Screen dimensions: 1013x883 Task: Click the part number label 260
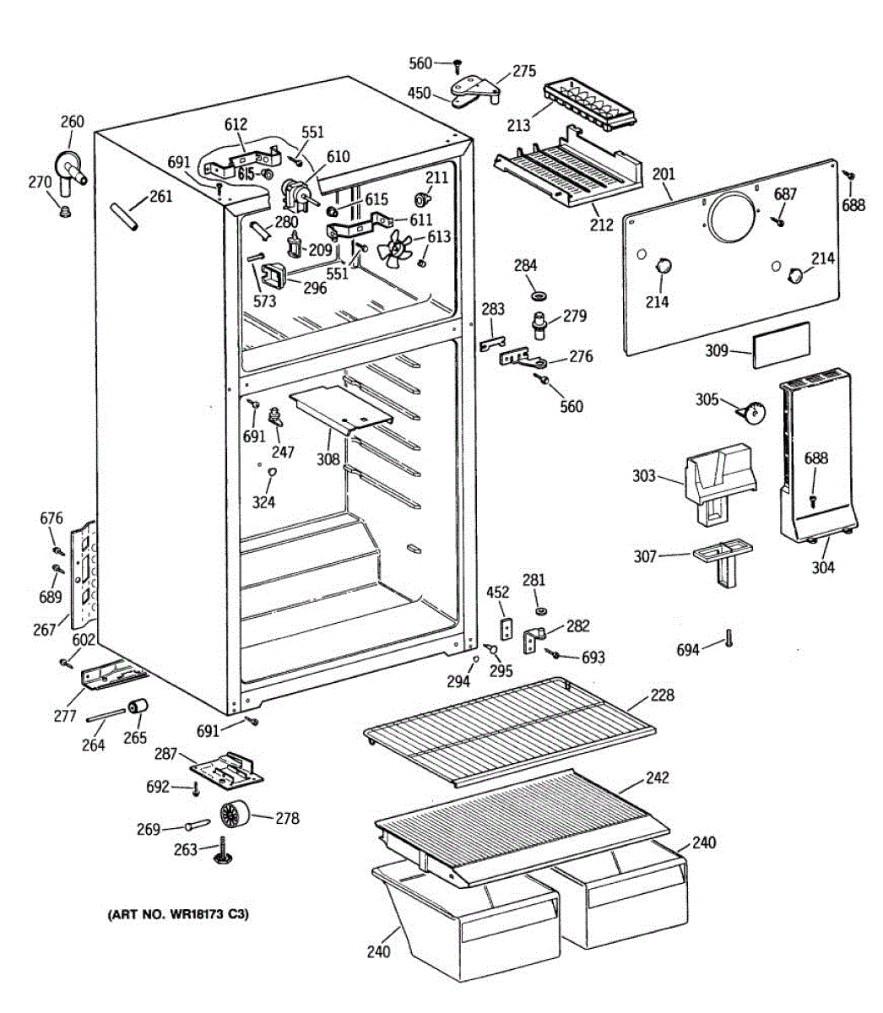(73, 122)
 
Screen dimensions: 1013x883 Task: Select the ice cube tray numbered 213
(589, 106)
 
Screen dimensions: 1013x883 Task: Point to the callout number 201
(664, 175)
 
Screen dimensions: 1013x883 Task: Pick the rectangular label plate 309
(781, 344)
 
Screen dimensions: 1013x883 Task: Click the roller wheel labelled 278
(236, 815)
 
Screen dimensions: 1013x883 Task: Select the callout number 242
(657, 777)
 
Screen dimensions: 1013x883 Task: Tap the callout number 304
(823, 567)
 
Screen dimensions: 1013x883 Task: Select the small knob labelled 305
(750, 412)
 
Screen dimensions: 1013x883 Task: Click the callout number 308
(328, 459)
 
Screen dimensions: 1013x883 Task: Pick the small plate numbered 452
(507, 629)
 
